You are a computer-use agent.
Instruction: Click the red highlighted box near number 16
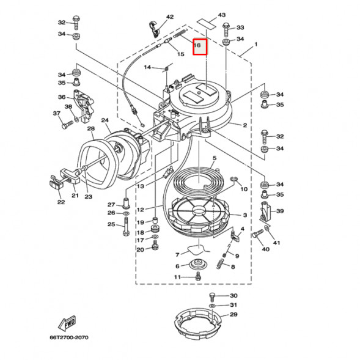200,46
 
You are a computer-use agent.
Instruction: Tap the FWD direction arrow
66,323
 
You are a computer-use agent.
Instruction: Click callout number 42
153,17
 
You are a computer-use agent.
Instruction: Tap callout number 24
105,120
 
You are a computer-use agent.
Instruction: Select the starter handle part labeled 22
57,182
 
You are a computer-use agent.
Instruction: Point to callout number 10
244,189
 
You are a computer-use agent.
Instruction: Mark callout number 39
280,211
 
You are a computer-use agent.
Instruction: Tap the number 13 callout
140,186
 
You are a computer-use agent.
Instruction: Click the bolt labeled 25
125,232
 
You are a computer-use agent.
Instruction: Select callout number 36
62,97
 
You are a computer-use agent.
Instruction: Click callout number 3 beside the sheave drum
244,215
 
